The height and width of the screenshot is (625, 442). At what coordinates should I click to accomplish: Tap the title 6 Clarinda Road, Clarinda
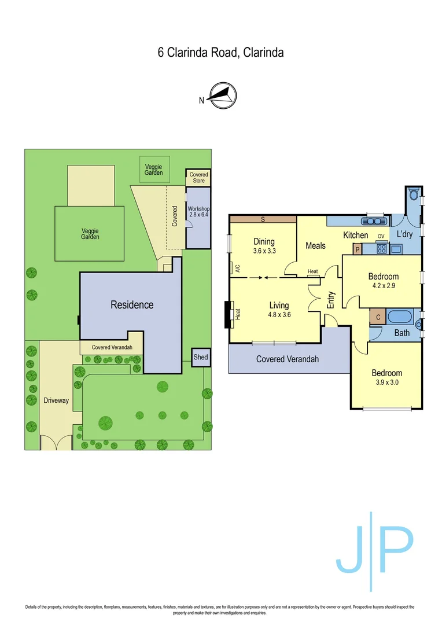pyautogui.click(x=221, y=53)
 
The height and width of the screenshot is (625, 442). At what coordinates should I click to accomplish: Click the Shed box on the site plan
pyautogui.click(x=200, y=358)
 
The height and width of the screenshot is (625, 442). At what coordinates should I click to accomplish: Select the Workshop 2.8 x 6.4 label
pyautogui.click(x=197, y=211)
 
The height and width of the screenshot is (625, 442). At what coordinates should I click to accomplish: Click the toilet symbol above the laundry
pyautogui.click(x=414, y=194)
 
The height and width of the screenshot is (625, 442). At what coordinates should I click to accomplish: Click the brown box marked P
pyautogui.click(x=358, y=249)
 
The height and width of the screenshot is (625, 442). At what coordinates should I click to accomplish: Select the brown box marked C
pyautogui.click(x=378, y=317)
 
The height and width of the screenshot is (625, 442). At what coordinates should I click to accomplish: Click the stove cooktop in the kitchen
pyautogui.click(x=381, y=249)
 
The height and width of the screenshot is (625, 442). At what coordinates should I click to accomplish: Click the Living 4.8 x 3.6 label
pyautogui.click(x=279, y=310)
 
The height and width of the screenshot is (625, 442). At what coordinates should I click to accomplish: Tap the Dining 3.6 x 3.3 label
pyautogui.click(x=264, y=246)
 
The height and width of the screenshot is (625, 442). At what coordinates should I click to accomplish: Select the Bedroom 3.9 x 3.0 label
pyautogui.click(x=386, y=377)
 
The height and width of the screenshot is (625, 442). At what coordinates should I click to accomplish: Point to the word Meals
pyautogui.click(x=315, y=245)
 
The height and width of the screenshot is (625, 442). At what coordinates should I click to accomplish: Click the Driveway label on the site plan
pyautogui.click(x=56, y=400)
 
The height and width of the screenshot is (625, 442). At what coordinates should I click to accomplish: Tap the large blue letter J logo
pyautogui.click(x=351, y=553)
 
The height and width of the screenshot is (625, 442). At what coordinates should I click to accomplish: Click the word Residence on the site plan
pyautogui.click(x=132, y=304)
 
